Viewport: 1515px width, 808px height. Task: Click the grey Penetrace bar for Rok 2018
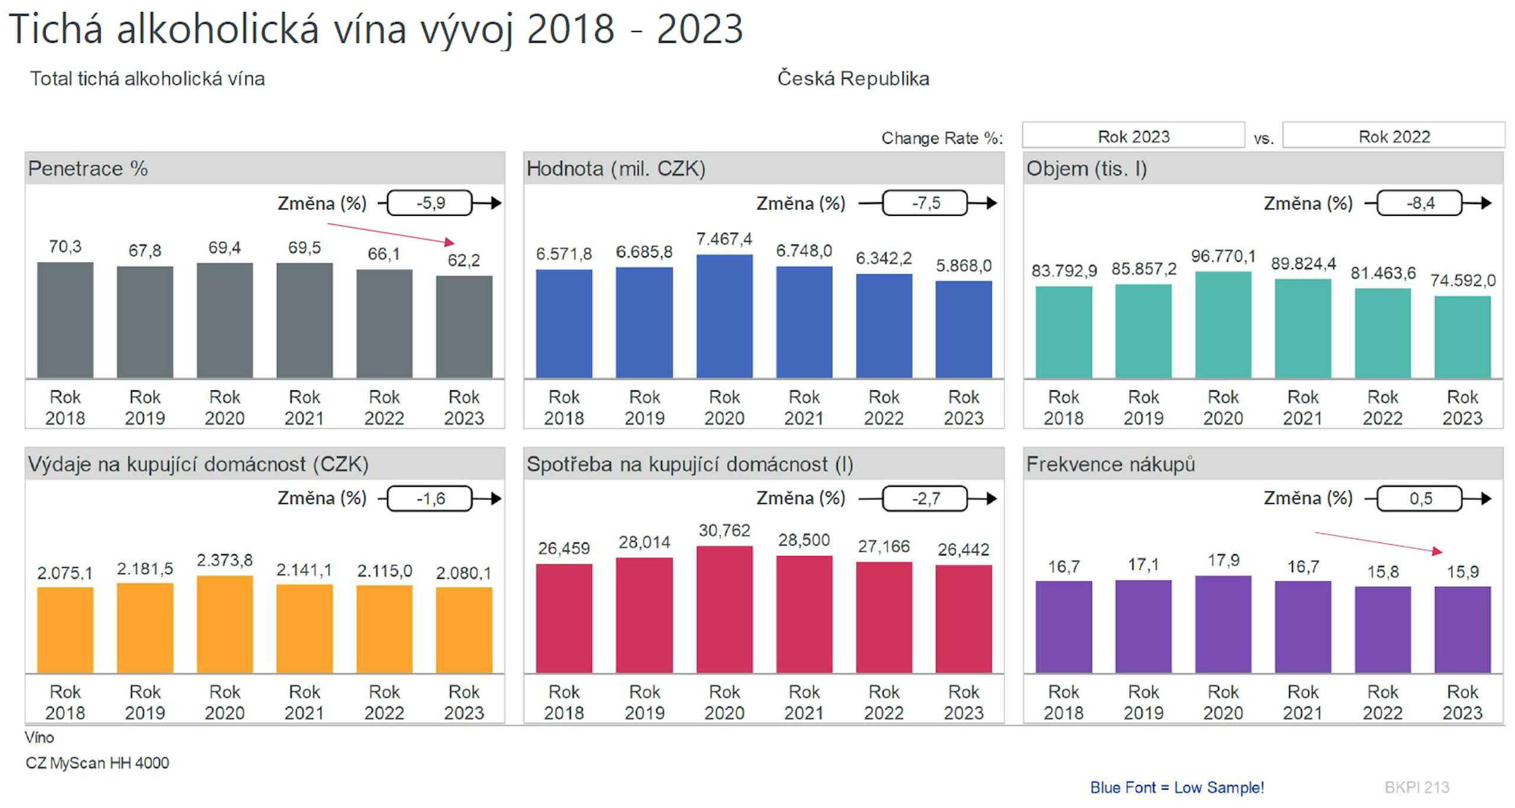pyautogui.click(x=65, y=320)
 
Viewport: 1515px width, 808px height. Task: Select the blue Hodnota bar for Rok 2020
pyautogui.click(x=724, y=316)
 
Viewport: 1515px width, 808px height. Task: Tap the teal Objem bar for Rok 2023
pyautogui.click(x=1462, y=337)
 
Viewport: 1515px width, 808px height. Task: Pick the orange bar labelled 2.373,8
pyautogui.click(x=224, y=624)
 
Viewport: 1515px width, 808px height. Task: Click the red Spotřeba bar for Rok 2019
pyautogui.click(x=644, y=615)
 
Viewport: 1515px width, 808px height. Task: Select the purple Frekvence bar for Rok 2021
pyautogui.click(x=1303, y=627)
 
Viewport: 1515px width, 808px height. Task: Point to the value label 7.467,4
pyautogui.click(x=724, y=239)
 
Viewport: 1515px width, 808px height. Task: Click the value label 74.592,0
pyautogui.click(x=1462, y=280)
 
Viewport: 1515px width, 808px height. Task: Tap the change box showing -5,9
pyautogui.click(x=430, y=203)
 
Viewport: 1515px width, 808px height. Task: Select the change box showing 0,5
pyautogui.click(x=1420, y=498)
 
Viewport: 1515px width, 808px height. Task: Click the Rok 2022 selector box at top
pyautogui.click(x=1393, y=136)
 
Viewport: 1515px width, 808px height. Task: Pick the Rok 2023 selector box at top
pyautogui.click(x=1133, y=136)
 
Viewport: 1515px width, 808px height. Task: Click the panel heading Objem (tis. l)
pyautogui.click(x=1087, y=169)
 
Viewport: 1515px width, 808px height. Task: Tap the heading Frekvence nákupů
pyautogui.click(x=1110, y=464)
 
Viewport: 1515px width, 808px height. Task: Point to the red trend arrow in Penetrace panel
pyautogui.click(x=391, y=233)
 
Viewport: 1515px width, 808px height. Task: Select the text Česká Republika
pyautogui.click(x=853, y=79)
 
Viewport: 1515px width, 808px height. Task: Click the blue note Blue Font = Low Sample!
pyautogui.click(x=1176, y=787)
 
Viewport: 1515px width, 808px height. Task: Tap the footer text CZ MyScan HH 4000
pyautogui.click(x=98, y=763)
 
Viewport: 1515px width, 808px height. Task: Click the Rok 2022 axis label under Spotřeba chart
pyautogui.click(x=884, y=702)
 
